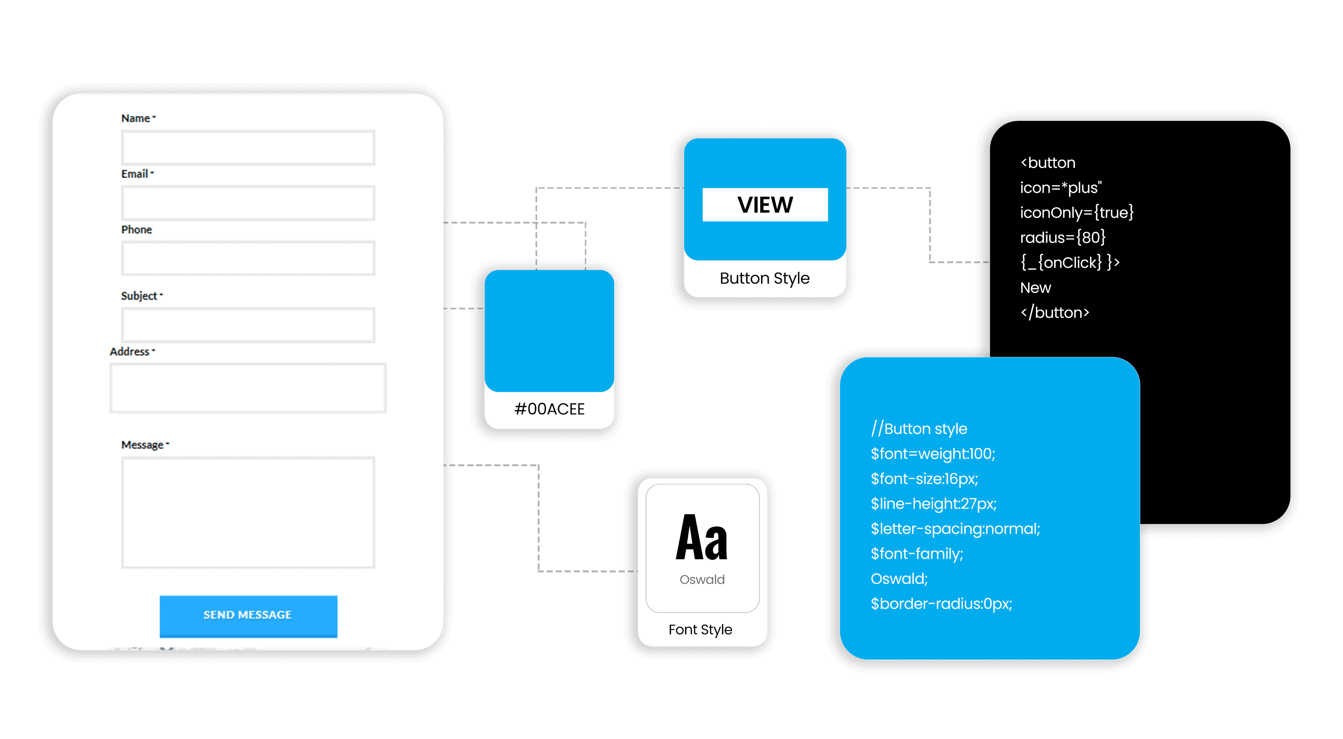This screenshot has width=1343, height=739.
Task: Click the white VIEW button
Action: tap(765, 205)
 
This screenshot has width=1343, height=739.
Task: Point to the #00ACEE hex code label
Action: tap(549, 409)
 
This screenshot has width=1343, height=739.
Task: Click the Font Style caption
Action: tap(700, 630)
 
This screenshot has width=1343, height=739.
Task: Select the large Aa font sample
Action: tap(701, 538)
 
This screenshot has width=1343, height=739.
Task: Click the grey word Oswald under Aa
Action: tap(702, 580)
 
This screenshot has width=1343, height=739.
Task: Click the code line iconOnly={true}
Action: tap(1076, 213)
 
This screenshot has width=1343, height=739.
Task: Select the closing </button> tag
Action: tap(1055, 312)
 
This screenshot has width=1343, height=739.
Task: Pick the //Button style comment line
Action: tap(919, 429)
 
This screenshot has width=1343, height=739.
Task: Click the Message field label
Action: tap(142, 445)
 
